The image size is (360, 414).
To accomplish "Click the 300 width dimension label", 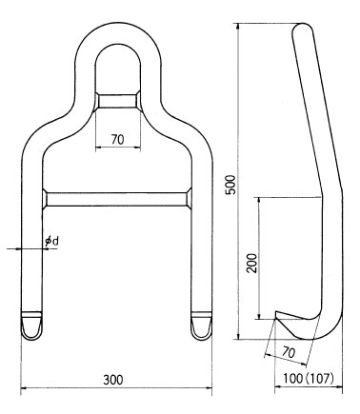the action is click(x=113, y=380).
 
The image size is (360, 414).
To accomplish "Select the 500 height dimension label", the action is click(x=230, y=185).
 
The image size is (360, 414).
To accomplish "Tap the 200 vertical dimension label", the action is click(x=252, y=264).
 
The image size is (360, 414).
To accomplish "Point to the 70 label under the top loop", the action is click(x=117, y=140).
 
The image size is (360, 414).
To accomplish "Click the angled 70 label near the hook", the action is click(x=289, y=352).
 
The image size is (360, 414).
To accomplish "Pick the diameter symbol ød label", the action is click(x=52, y=242).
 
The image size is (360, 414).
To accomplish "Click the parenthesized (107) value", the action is click(x=320, y=379).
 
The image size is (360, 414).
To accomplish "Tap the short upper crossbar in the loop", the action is click(x=118, y=101).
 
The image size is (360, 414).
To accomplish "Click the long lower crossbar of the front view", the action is click(x=117, y=199).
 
